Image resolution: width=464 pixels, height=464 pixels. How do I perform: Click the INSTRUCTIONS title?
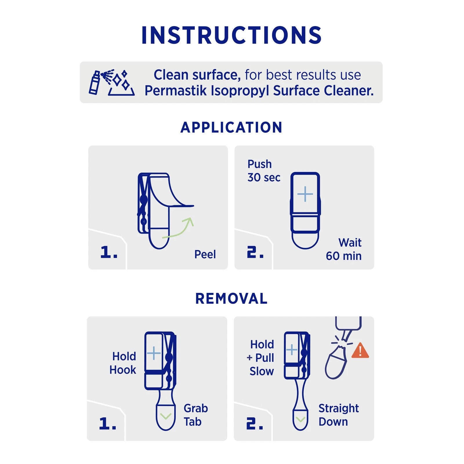click(x=231, y=35)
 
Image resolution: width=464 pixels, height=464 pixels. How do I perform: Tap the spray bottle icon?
click(x=94, y=82)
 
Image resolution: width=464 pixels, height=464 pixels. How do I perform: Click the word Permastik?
click(x=175, y=90)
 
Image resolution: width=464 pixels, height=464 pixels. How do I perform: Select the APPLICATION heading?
click(x=231, y=127)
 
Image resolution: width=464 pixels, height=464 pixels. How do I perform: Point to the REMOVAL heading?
click(x=231, y=298)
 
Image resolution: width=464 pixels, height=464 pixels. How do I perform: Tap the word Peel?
click(x=205, y=254)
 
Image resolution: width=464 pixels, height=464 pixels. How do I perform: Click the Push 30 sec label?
click(x=264, y=171)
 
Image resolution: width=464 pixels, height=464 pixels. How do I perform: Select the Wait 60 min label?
click(x=344, y=249)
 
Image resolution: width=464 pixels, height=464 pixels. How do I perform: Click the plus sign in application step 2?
click(x=305, y=194)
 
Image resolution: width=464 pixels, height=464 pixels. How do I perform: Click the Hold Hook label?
click(x=123, y=363)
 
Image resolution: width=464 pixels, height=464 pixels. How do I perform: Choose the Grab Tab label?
click(x=196, y=415)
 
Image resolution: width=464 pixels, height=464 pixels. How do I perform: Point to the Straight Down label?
click(x=339, y=415)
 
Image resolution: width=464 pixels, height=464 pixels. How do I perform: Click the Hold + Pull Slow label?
click(x=260, y=358)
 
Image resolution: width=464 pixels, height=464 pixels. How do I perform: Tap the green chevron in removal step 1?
click(x=166, y=416)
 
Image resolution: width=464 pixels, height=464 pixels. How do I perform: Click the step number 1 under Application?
click(x=109, y=252)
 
